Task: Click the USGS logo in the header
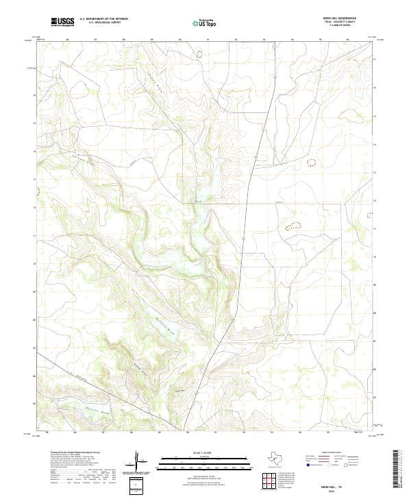coord(63,22)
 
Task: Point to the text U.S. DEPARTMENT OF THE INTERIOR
coord(103,19)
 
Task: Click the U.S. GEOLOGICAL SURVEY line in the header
coord(103,23)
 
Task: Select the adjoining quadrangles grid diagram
coord(270,483)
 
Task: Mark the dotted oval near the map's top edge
coord(199,53)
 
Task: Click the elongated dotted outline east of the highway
coord(292,224)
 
